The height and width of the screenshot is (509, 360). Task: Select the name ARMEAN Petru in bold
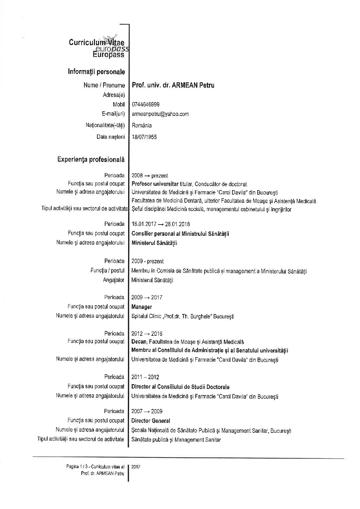194,85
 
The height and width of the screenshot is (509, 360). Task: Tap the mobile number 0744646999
145,104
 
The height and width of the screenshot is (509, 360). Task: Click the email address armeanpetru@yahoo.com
160,114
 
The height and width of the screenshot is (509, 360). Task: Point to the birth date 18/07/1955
144,137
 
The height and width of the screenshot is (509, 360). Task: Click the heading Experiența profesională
91,159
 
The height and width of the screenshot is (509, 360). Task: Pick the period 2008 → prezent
149,176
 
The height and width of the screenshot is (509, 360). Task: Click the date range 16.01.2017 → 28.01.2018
161,224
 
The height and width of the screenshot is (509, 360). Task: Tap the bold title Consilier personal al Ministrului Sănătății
180,234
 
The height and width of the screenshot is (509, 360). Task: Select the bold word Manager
142,307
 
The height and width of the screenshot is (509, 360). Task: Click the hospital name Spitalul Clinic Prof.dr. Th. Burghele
182,316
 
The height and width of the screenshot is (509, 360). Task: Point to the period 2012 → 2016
147,333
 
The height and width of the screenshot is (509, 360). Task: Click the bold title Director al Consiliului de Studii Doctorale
180,387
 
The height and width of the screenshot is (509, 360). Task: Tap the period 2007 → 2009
147,411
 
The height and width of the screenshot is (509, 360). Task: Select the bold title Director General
150,421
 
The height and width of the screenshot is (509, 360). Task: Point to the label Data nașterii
111,137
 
